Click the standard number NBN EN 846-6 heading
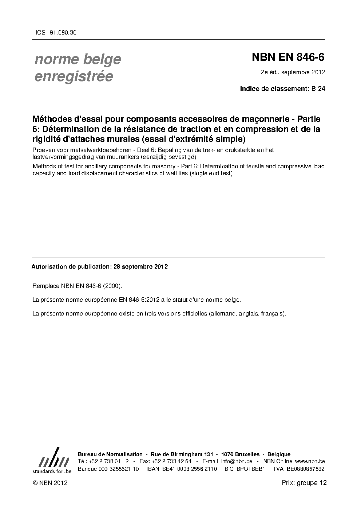coord(288,57)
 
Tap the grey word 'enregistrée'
coord(74,77)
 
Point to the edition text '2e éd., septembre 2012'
coord(293,72)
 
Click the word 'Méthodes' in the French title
coord(52,119)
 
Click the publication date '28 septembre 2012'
coord(140,266)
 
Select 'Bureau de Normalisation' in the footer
coord(110,454)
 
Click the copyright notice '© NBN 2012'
coord(50,483)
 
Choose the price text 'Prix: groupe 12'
coord(304,483)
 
